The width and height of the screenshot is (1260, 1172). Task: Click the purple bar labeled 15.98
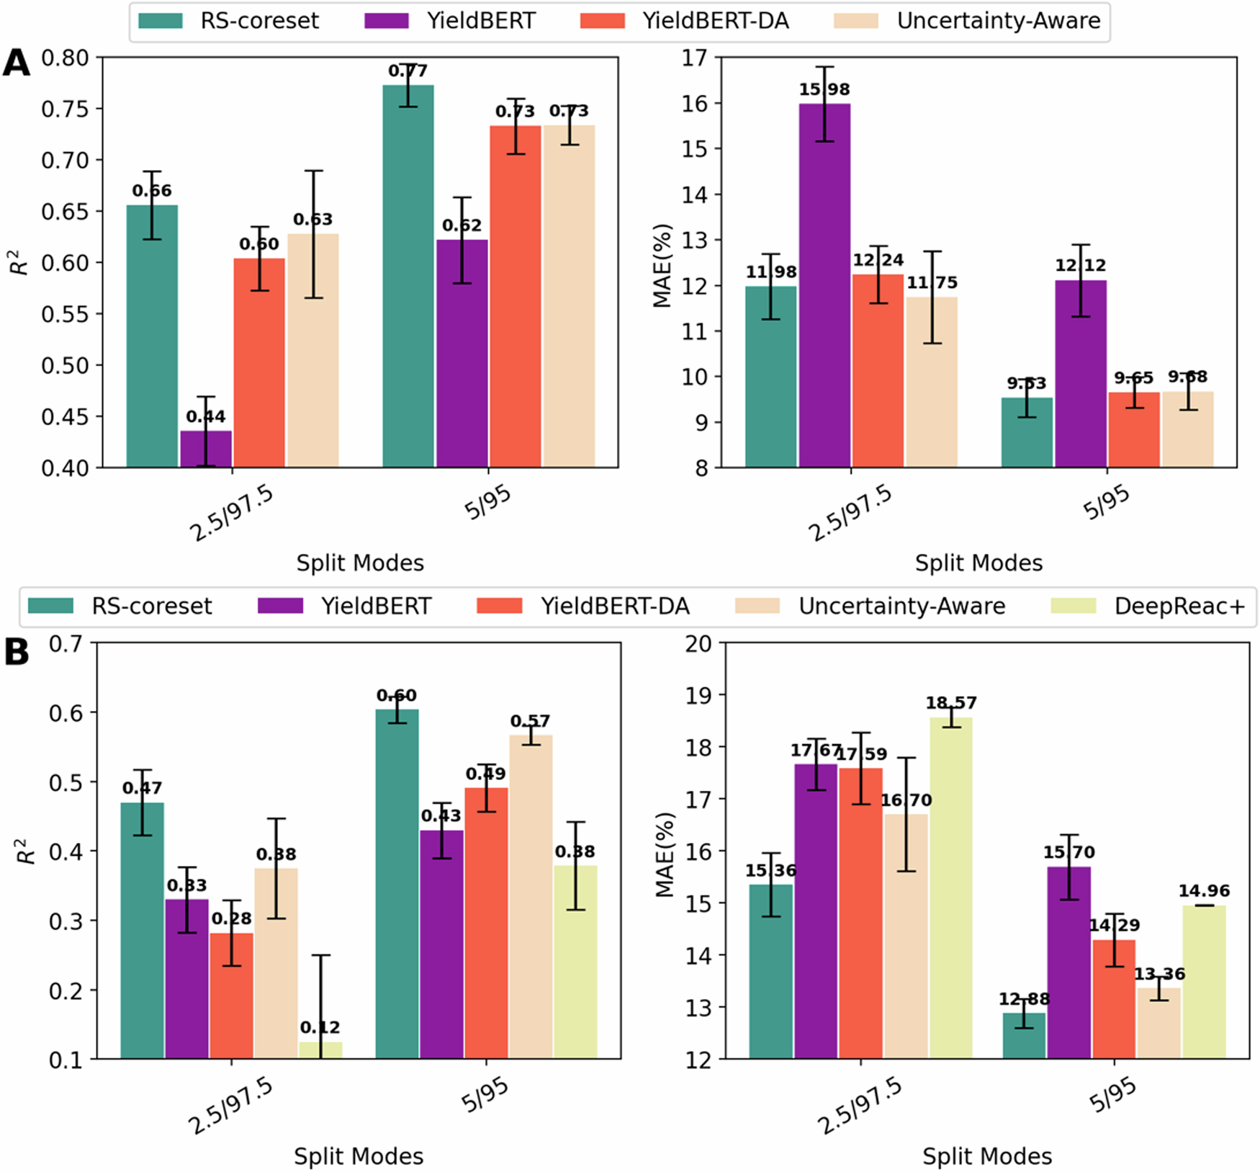click(x=824, y=288)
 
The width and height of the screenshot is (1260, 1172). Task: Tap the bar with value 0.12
click(x=320, y=1050)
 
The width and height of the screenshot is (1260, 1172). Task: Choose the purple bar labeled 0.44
click(x=206, y=449)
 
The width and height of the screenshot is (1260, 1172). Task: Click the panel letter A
click(x=17, y=63)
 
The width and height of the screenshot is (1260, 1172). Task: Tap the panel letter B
click(x=17, y=652)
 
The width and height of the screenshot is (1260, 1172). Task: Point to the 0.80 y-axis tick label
click(x=65, y=58)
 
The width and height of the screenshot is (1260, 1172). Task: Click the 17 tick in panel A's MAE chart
click(x=694, y=58)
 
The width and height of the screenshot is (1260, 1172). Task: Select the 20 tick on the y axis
click(x=697, y=643)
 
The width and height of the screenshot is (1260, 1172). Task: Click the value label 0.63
click(x=312, y=220)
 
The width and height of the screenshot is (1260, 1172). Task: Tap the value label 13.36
click(x=1159, y=975)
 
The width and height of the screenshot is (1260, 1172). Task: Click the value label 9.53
click(x=1026, y=383)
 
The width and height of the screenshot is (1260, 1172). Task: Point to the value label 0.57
click(x=530, y=721)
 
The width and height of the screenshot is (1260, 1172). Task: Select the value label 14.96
click(x=1204, y=891)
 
